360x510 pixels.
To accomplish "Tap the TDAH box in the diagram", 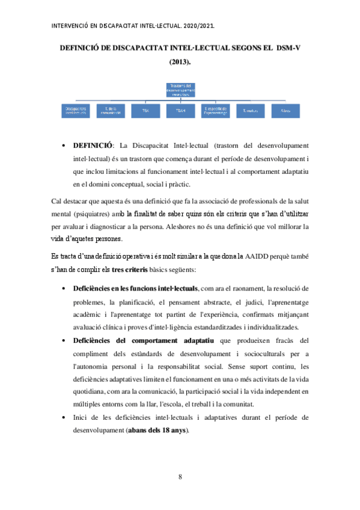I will click(180, 111).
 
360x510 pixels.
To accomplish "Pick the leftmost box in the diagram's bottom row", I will click(75, 111).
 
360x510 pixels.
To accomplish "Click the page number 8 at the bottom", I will click(180, 477).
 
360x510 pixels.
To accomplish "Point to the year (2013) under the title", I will click(180, 61).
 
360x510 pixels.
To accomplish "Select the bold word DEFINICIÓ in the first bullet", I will click(93, 146).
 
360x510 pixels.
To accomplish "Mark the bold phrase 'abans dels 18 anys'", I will click(158, 430).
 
